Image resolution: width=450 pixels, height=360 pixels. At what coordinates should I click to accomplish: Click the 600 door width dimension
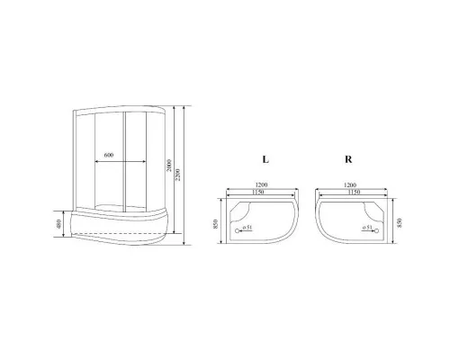pos(108,156)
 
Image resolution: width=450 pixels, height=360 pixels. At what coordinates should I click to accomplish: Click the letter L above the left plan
pos(265,159)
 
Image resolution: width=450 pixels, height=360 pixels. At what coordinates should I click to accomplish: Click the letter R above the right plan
pos(347,159)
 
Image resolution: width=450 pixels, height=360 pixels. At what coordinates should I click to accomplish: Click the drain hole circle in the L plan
pos(236,231)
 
